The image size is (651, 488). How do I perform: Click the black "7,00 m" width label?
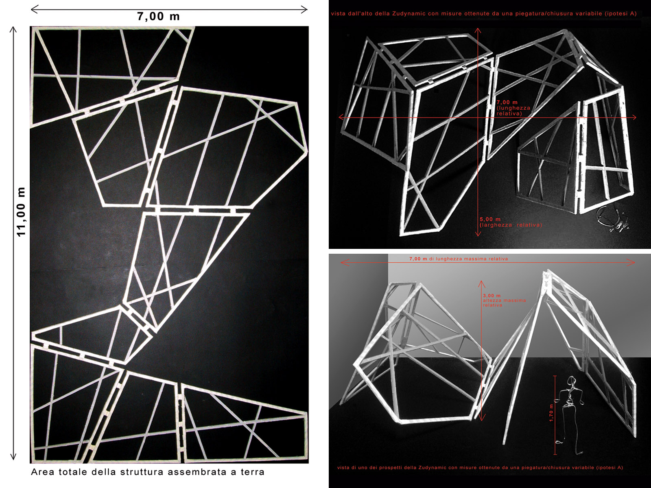click(x=158, y=16)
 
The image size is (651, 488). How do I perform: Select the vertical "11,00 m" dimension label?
click(x=21, y=211)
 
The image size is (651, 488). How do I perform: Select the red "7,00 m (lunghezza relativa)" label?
click(x=513, y=108)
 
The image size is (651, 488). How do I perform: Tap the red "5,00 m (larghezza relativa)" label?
click(x=511, y=222)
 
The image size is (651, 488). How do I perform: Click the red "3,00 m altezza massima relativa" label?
click(x=504, y=300)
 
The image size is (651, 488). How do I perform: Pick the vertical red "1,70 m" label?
click(x=551, y=413)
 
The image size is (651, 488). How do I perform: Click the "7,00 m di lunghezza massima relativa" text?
click(x=459, y=259)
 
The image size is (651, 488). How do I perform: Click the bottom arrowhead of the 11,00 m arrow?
click(x=13, y=457)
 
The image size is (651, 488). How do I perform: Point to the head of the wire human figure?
click(x=571, y=381)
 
